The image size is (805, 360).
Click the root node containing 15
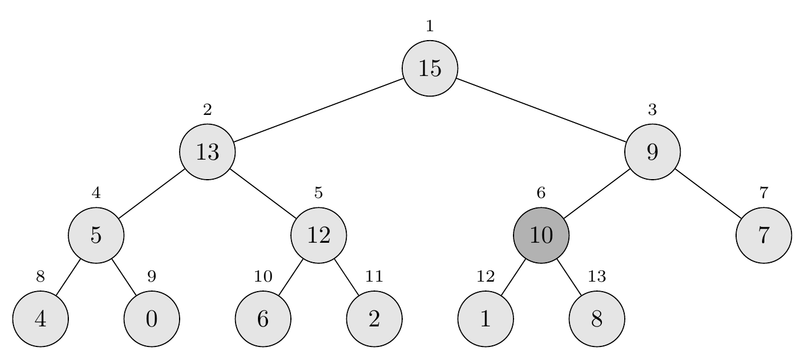pyautogui.click(x=430, y=68)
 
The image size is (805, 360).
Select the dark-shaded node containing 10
pyautogui.click(x=541, y=235)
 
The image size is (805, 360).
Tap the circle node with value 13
pyautogui.click(x=207, y=152)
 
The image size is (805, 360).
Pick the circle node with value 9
pyautogui.click(x=652, y=152)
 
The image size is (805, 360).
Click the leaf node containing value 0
pyautogui.click(x=151, y=319)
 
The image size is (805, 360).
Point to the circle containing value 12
pyautogui.click(x=319, y=235)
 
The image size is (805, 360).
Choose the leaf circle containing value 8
pyautogui.click(x=597, y=319)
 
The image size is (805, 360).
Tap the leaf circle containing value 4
pyautogui.click(x=40, y=319)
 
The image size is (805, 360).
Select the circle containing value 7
pyautogui.click(x=764, y=235)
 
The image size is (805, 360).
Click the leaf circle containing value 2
pyautogui.click(x=374, y=319)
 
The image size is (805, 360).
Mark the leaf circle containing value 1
pyautogui.click(x=485, y=319)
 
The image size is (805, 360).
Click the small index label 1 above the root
pyautogui.click(x=430, y=26)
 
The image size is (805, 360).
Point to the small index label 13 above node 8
pyautogui.click(x=597, y=276)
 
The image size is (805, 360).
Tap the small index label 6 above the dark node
pyautogui.click(x=541, y=193)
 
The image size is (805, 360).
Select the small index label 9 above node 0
pyautogui.click(x=151, y=276)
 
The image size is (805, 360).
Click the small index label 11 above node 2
pyautogui.click(x=374, y=276)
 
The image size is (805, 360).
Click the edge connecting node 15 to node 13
pyautogui.click(x=319, y=110)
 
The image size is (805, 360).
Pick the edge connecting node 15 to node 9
pyautogui.click(x=541, y=110)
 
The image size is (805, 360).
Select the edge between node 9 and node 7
pyautogui.click(x=708, y=193)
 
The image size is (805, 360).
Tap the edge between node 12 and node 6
pyautogui.click(x=290, y=277)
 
